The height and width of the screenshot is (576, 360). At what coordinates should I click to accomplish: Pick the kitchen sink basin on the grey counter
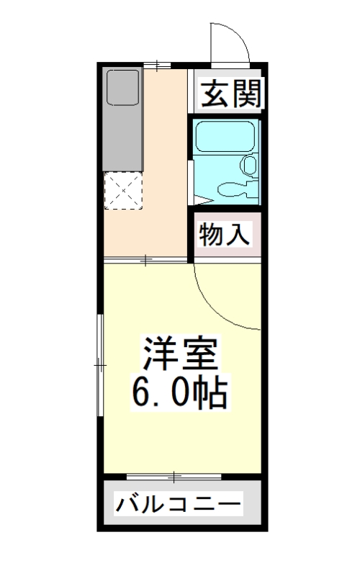tap(122, 89)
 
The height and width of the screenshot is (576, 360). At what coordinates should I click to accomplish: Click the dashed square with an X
tap(125, 191)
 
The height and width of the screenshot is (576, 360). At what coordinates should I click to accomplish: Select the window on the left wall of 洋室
tap(101, 364)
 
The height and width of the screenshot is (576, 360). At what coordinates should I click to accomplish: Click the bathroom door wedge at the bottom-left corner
tap(201, 197)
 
